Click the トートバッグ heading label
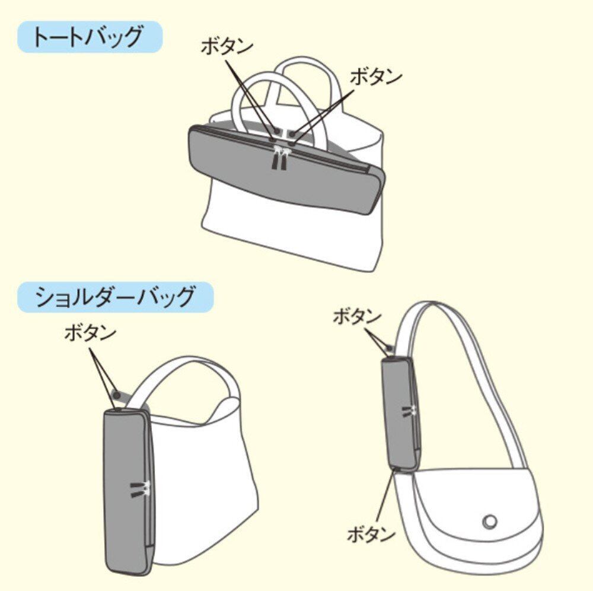point(89,37)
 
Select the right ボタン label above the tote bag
point(376,77)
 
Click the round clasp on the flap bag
point(489,521)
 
